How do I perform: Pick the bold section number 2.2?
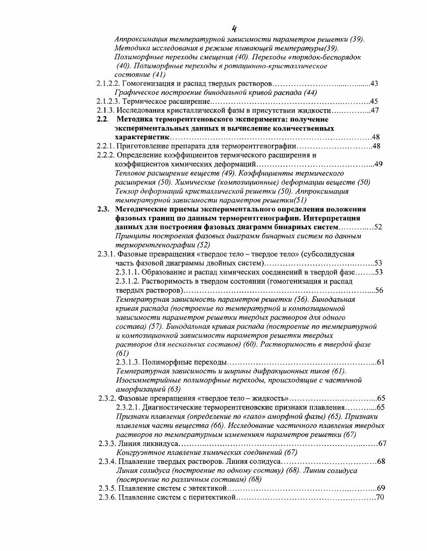pos(103,119)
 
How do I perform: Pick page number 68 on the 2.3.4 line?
pos(381,461)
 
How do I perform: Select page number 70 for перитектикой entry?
pos(380,497)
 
